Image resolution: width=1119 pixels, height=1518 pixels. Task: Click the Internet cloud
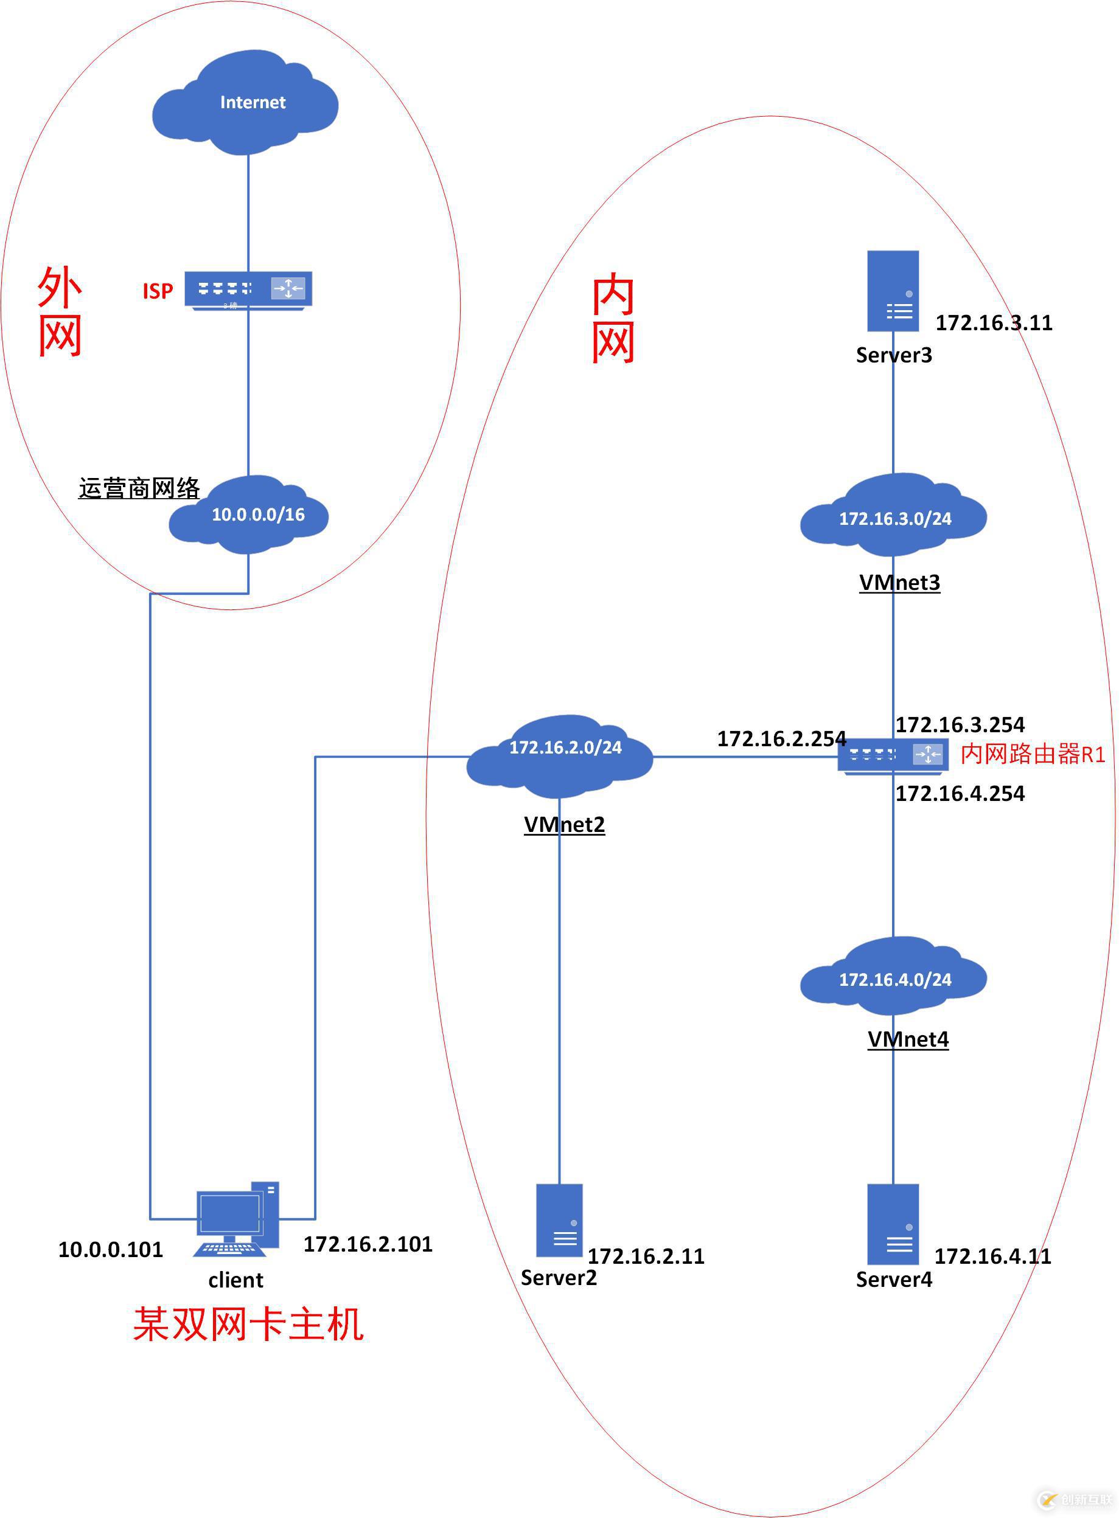pos(245,103)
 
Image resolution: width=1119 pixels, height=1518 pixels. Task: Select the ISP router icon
pos(248,289)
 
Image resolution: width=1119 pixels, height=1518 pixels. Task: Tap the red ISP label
pos(157,291)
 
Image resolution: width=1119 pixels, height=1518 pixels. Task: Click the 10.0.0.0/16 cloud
pos(249,515)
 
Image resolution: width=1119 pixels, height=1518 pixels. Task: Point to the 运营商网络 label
pos(139,488)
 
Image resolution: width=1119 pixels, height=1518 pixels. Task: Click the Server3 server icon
pos(893,291)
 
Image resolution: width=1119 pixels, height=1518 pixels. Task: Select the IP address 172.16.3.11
pos(994,323)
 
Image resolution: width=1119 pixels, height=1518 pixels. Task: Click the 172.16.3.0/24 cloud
pos(893,518)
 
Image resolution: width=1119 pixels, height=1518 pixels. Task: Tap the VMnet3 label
pos(899,582)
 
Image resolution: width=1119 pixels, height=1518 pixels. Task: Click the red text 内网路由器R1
pos(1033,754)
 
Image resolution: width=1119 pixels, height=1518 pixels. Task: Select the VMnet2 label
pos(564,824)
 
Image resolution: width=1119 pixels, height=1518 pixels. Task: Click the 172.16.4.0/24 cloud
pos(893,979)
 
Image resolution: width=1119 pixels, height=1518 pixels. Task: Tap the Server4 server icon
pos(893,1224)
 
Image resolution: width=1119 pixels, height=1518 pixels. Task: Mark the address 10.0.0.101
pos(110,1250)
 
